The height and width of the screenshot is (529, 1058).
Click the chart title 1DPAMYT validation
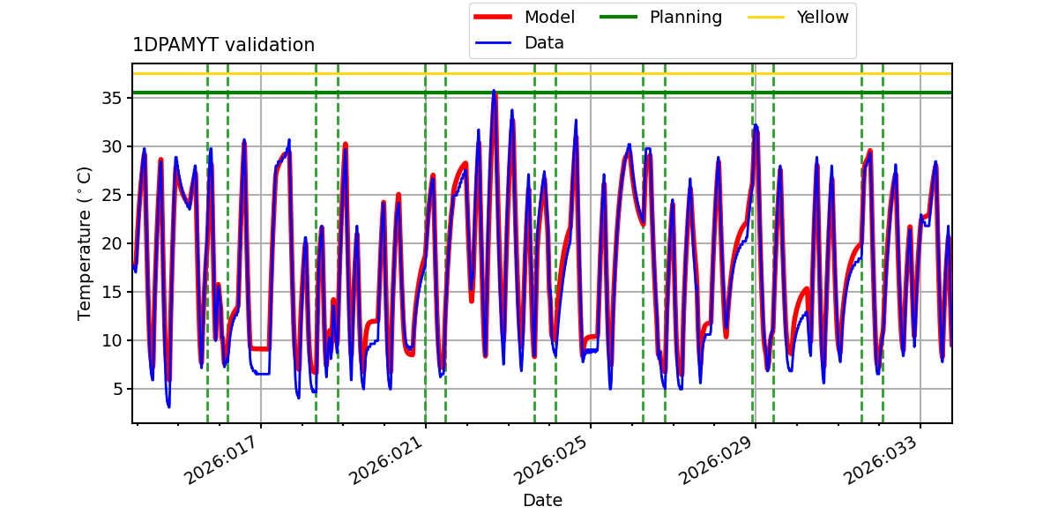coord(223,45)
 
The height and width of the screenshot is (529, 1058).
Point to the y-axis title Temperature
coord(86,242)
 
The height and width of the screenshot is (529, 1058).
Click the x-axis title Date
coord(542,500)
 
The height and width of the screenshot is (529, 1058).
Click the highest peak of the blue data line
coord(494,91)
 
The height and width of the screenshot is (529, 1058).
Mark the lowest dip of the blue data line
coord(168,406)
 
